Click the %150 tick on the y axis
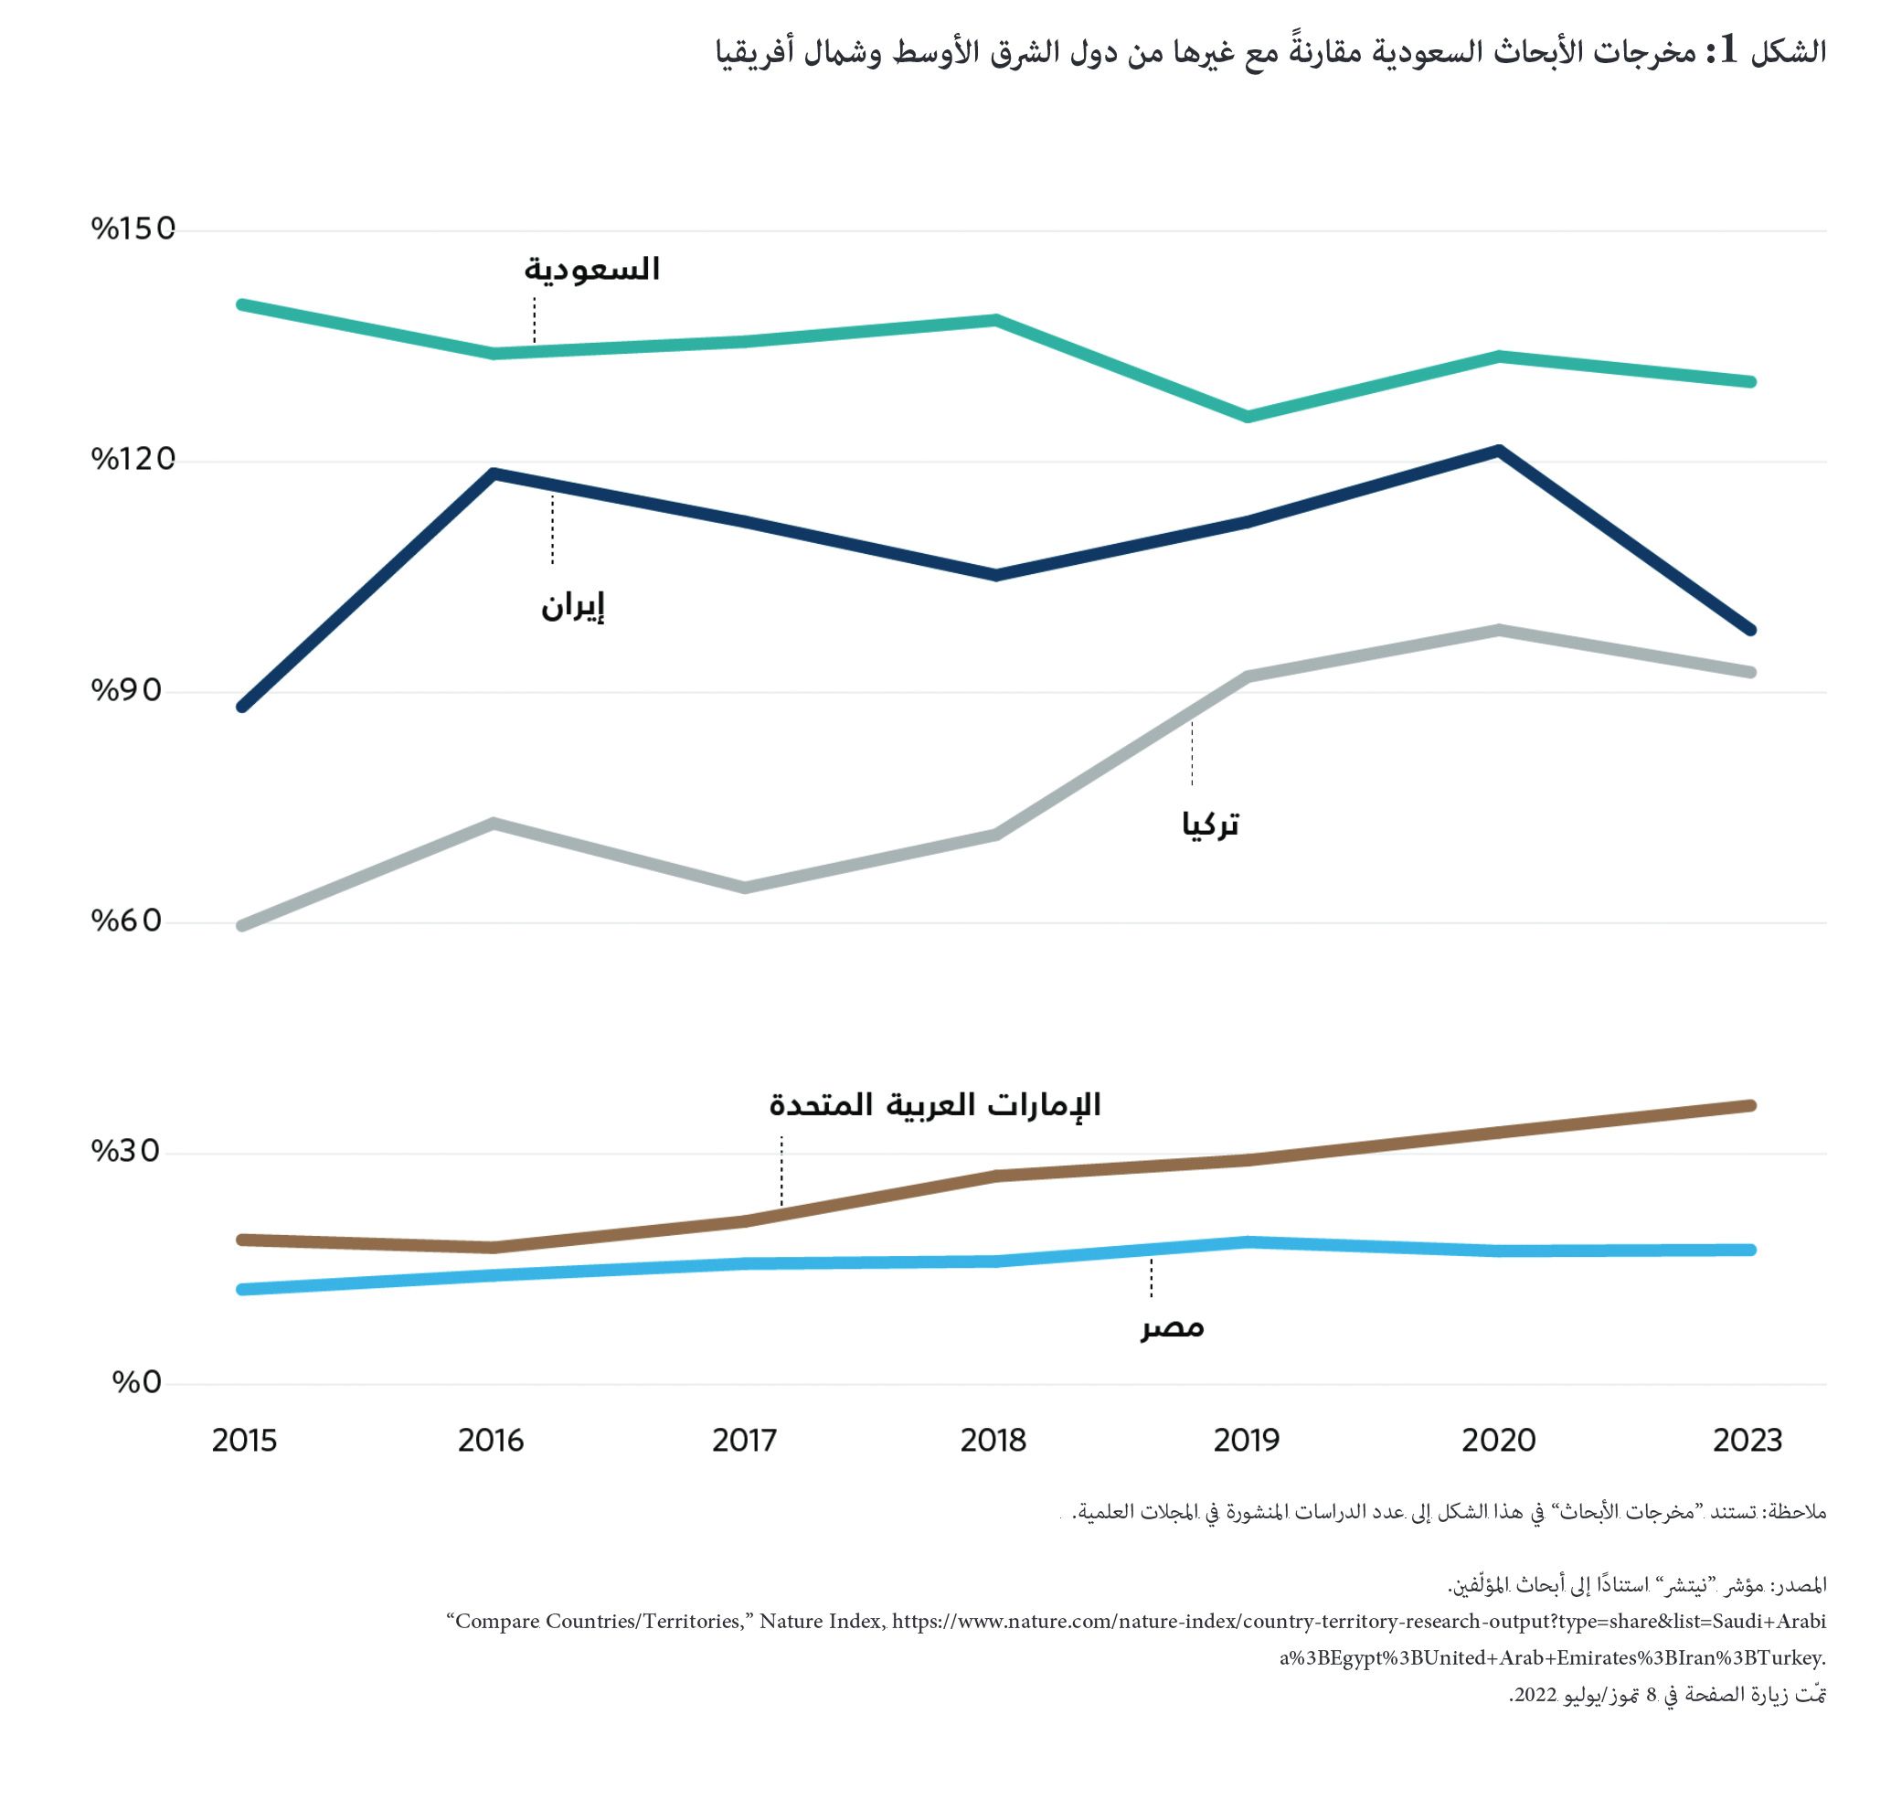pyautogui.click(x=133, y=229)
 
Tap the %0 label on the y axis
pyautogui.click(x=137, y=1381)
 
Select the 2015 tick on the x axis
pyautogui.click(x=244, y=1441)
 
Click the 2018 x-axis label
pyautogui.click(x=993, y=1441)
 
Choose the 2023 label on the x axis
pyautogui.click(x=1748, y=1441)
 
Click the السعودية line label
pyautogui.click(x=591, y=268)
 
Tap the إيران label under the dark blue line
pyautogui.click(x=572, y=606)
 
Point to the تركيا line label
pyautogui.click(x=1210, y=824)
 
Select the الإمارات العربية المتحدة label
pyautogui.click(x=934, y=1103)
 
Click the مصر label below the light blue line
pyautogui.click(x=1173, y=1326)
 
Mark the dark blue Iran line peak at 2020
pyautogui.click(x=1498, y=451)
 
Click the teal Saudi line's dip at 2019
pyautogui.click(x=1248, y=417)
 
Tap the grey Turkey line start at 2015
pyautogui.click(x=242, y=926)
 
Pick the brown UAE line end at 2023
pyautogui.click(x=1750, y=1106)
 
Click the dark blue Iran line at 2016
pyautogui.click(x=493, y=474)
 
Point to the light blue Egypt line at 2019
pyautogui.click(x=1248, y=1241)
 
